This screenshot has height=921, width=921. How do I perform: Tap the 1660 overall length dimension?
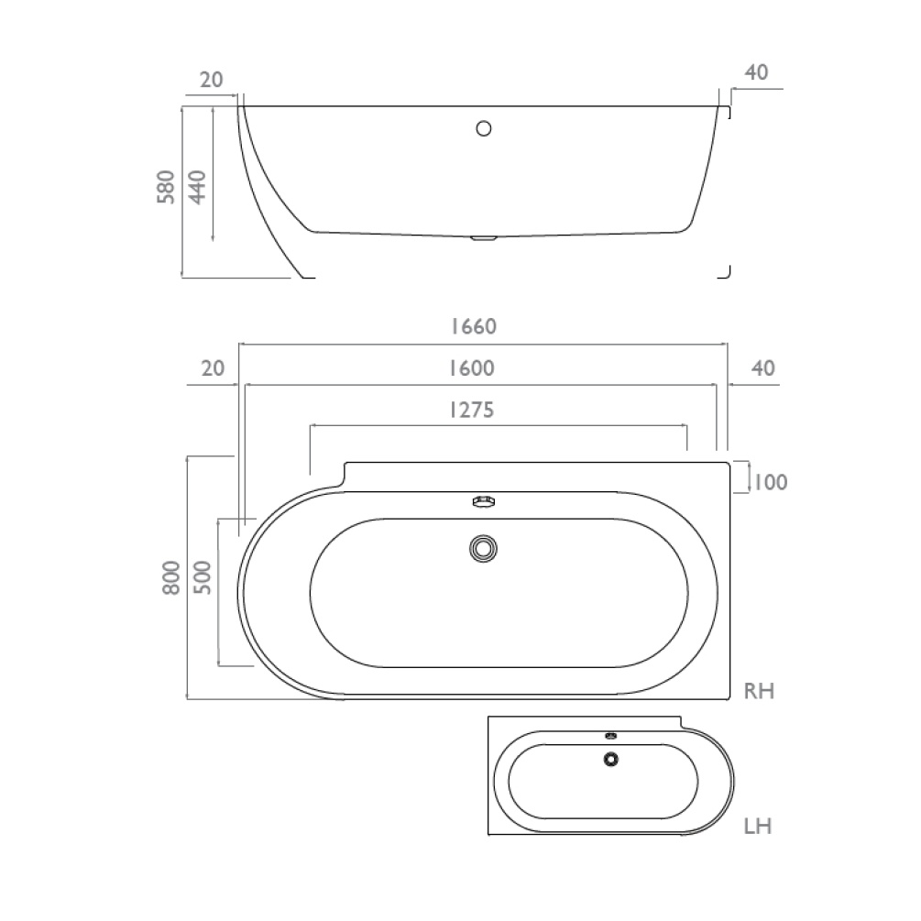472,326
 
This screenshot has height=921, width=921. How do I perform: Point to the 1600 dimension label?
472,368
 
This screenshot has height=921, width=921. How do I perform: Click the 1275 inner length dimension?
472,410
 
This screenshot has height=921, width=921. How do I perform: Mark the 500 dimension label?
203,578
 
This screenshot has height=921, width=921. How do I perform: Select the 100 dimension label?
769,481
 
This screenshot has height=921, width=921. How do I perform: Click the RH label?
759,691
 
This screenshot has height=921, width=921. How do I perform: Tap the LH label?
757,827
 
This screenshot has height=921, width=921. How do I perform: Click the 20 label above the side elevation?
212,80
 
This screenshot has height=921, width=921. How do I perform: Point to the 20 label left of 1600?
212,368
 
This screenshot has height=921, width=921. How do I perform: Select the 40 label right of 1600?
762,368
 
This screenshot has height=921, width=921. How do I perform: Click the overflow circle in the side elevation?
484,128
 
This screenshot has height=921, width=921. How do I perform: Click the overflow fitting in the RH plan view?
483,501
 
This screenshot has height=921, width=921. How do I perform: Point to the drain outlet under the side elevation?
482,239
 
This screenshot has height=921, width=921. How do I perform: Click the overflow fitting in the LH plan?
610,735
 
